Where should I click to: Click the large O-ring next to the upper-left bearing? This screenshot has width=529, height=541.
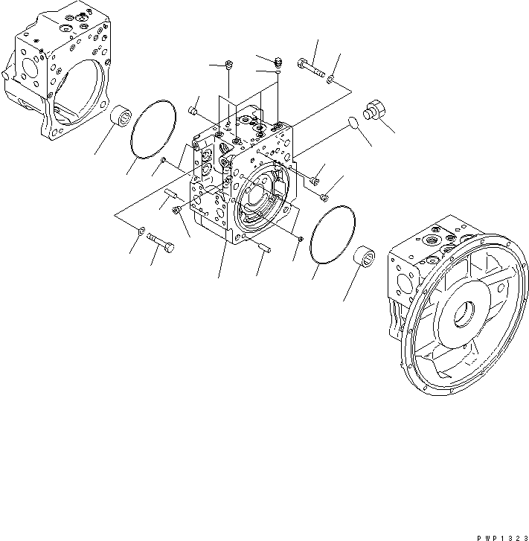click(153, 129)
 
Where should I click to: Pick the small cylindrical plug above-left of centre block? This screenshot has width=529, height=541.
click(192, 111)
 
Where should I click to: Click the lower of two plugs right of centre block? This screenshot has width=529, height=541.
click(325, 196)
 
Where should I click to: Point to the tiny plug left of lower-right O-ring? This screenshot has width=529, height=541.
click(298, 238)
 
